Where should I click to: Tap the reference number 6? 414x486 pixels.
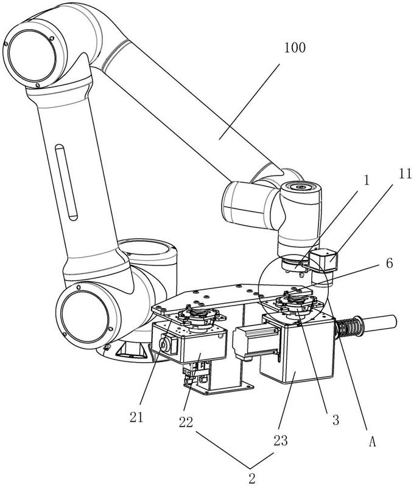pyautogui.click(x=373, y=264)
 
